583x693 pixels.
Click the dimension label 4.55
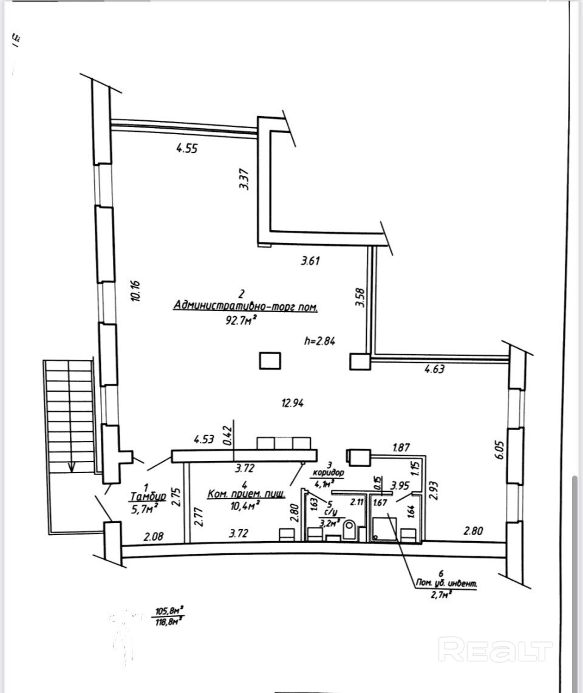(x=187, y=148)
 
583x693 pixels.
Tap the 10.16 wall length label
(x=135, y=290)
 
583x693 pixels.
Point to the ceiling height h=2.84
(x=319, y=341)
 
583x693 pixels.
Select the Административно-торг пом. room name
(x=245, y=306)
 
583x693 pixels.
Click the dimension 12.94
(x=292, y=401)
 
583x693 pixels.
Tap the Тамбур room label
(x=148, y=496)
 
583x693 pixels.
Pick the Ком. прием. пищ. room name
(x=246, y=494)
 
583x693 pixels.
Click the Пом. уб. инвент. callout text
(x=443, y=584)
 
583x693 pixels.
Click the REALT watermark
(x=495, y=650)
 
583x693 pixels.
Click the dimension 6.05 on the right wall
(x=500, y=451)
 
